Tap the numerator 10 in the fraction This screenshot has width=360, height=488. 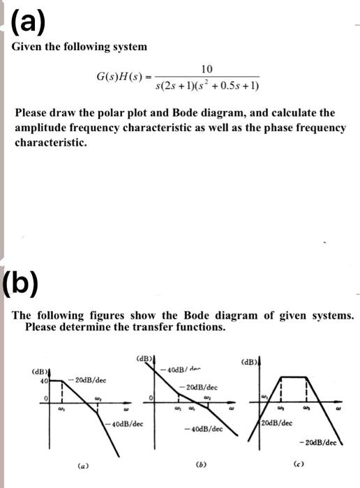207,69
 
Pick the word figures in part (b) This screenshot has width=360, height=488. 98,315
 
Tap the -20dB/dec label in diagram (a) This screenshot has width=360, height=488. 89,382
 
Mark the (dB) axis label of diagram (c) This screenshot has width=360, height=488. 248,362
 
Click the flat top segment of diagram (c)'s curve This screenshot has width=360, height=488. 293,377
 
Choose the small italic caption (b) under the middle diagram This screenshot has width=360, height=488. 197,462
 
